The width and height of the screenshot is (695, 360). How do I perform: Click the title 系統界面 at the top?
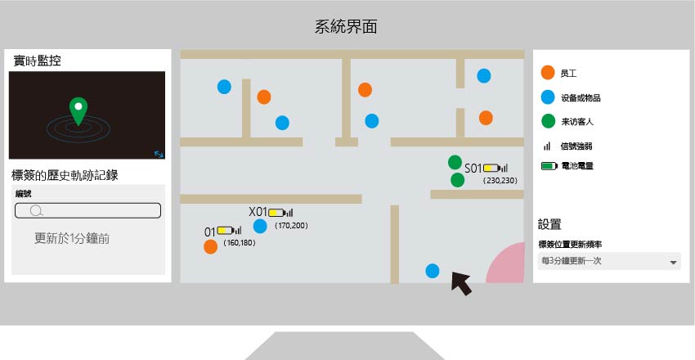[x=346, y=27]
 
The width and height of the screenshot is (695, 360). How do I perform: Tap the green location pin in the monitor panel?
[x=78, y=109]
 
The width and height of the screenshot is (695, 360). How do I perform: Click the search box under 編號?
[x=87, y=210]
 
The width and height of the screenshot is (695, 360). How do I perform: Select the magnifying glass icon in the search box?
[x=36, y=210]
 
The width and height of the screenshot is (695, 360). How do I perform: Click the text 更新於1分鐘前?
[x=72, y=239]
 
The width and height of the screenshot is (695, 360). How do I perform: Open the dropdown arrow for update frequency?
[x=673, y=263]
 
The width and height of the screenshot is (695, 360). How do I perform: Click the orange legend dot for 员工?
[x=548, y=73]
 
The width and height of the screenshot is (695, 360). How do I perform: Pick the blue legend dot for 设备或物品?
[x=548, y=97]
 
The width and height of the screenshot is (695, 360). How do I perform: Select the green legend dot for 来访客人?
[x=549, y=121]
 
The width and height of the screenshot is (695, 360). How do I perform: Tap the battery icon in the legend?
[x=549, y=166]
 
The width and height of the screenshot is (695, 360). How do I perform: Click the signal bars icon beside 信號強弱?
[x=547, y=146]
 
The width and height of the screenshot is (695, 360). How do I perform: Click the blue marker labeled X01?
[x=260, y=226]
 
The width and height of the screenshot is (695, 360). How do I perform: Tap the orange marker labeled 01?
[x=210, y=247]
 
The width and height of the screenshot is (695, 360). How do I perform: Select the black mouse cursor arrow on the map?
[x=460, y=283]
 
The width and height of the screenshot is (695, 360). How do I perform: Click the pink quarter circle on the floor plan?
[x=509, y=265]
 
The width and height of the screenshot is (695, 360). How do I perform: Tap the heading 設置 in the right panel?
[x=549, y=224]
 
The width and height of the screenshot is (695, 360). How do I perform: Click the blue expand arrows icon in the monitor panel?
[x=159, y=155]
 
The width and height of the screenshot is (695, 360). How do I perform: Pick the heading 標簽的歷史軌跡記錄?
[x=65, y=175]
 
